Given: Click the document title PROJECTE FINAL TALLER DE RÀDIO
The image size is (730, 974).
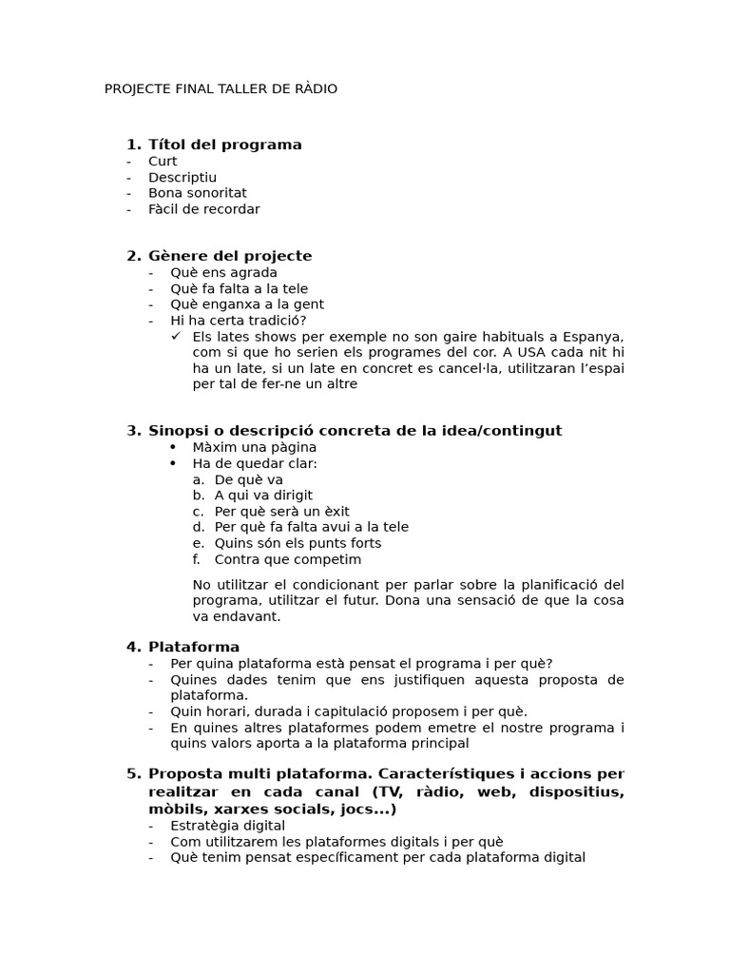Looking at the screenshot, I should [221, 89].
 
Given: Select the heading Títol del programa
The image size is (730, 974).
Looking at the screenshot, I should [224, 145].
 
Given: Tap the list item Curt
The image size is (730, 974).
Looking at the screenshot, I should [163, 162].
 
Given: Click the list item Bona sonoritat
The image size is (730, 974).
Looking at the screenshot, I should [197, 193].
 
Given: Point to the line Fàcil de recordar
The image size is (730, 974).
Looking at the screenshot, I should [203, 209].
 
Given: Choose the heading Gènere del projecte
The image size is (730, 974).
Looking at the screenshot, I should [230, 256].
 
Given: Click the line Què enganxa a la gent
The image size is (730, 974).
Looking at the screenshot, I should [247, 304].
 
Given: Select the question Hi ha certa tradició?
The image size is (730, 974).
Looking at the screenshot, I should [238, 321].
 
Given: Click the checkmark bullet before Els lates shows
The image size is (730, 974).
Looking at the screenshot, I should [176, 337].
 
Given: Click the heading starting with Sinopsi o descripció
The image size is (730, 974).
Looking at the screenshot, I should [355, 431].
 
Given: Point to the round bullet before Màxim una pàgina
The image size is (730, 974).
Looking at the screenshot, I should [173, 447].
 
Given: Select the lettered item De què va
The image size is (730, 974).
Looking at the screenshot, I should [248, 479].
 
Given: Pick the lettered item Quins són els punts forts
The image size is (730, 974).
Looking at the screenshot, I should [298, 543].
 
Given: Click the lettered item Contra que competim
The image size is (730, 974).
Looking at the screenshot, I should [287, 559].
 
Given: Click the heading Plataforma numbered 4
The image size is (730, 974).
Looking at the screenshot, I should [194, 648].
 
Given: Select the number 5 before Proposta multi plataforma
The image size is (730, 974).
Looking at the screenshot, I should [132, 773].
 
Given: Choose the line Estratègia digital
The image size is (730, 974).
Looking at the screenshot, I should [227, 826].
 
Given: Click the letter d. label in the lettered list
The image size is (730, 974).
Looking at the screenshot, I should [198, 527].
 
